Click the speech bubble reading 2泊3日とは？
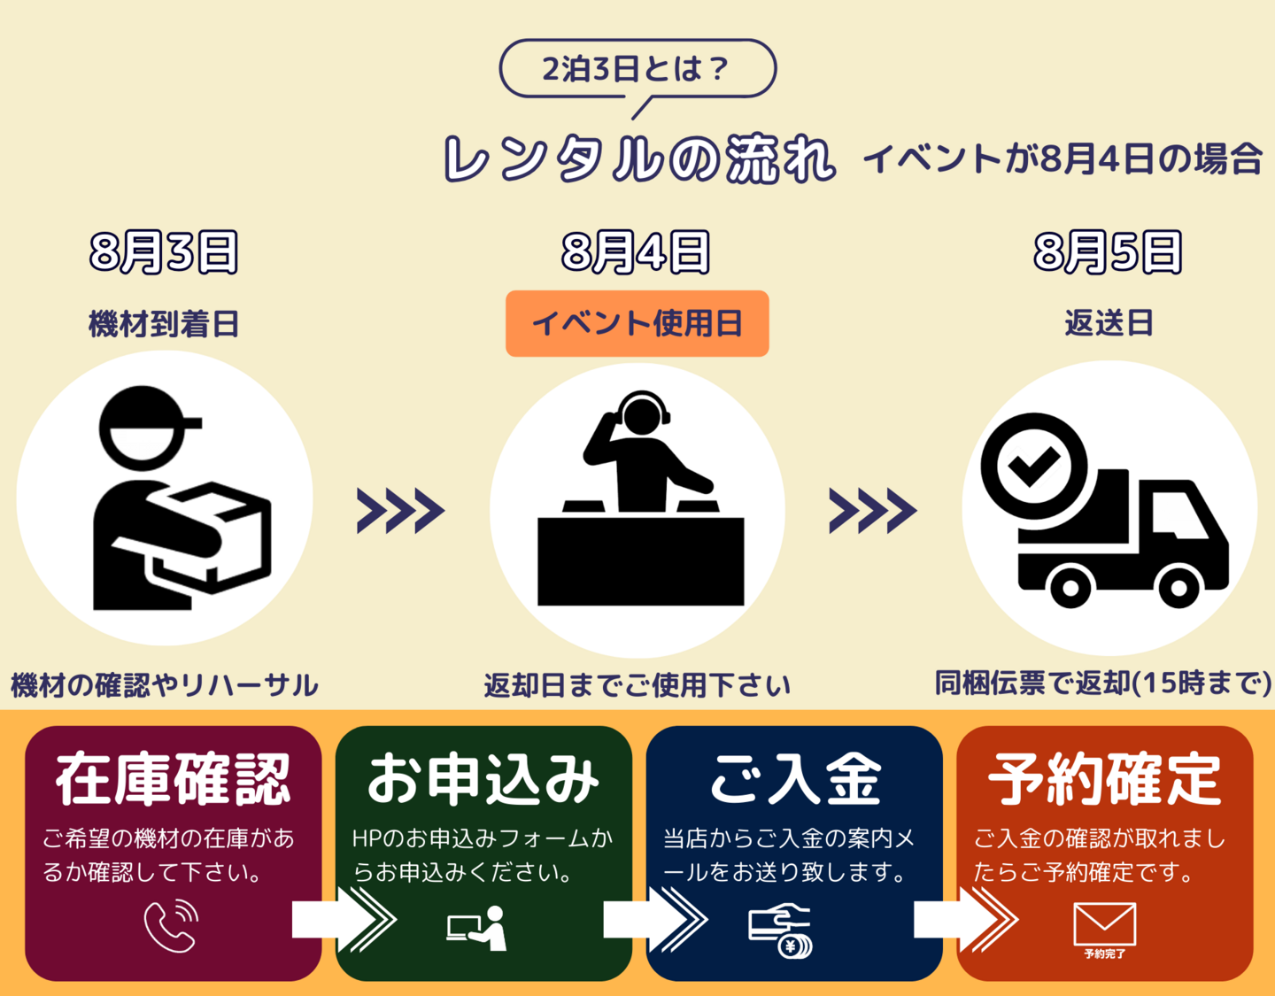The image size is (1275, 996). tap(637, 68)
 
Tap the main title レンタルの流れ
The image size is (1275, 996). tap(638, 159)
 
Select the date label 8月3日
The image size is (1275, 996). tap(164, 252)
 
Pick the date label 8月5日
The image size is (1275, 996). tap(1109, 252)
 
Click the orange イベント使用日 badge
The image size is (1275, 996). tap(637, 324)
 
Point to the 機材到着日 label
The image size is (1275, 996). tap(164, 324)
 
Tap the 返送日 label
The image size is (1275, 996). tap(1109, 324)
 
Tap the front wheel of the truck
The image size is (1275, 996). tap(1178, 587)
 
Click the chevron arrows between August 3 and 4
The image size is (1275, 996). tap(400, 510)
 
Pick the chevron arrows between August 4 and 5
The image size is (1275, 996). tap(872, 510)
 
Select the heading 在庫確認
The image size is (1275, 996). tap(173, 780)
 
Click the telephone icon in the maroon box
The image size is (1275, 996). tap(171, 925)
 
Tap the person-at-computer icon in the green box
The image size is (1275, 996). tap(477, 928)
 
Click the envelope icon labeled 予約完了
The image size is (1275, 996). tap(1104, 926)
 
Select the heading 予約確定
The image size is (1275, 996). tap(1105, 780)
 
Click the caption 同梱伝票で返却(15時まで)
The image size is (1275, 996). tap(1103, 683)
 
